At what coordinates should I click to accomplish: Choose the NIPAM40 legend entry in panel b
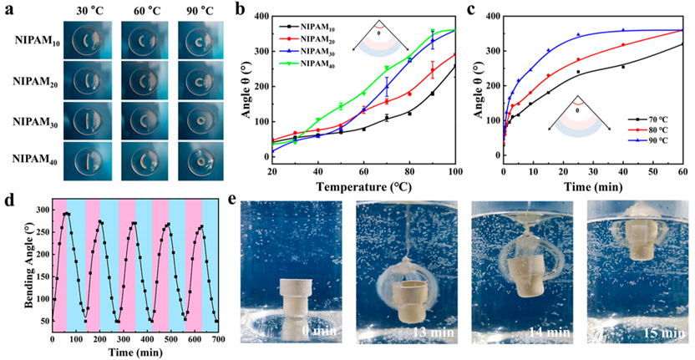(300, 64)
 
